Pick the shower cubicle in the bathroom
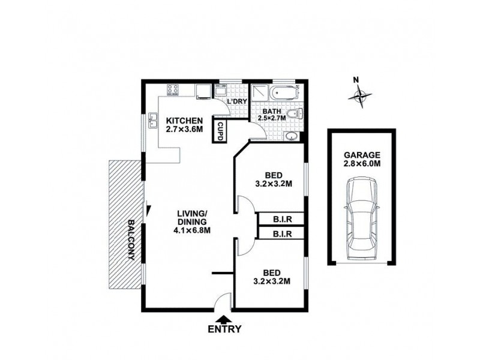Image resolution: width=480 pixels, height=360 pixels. click(x=260, y=93)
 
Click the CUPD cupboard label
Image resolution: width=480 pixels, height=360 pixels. click(x=220, y=131)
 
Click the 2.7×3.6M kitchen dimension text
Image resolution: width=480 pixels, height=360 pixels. click(x=184, y=128)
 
